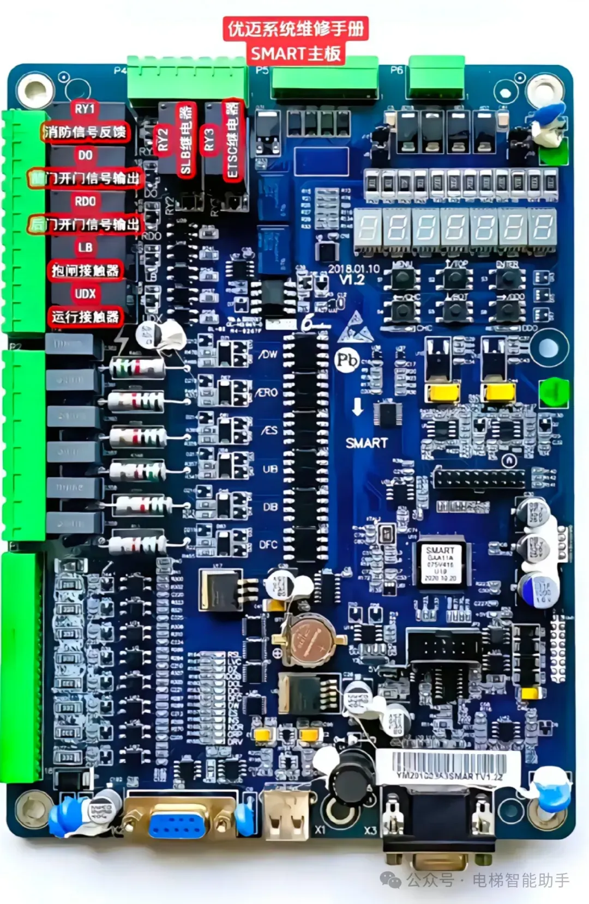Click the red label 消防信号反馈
click(x=85, y=132)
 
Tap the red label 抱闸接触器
click(x=85, y=271)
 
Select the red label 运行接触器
click(x=85, y=317)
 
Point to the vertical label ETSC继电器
click(x=232, y=140)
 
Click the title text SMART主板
click(x=296, y=53)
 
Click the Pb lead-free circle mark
click(x=346, y=360)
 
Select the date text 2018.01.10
click(x=353, y=269)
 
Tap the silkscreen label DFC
click(x=268, y=544)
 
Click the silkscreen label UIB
click(x=270, y=469)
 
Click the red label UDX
click(x=85, y=294)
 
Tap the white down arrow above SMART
click(x=357, y=407)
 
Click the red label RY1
click(x=85, y=109)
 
